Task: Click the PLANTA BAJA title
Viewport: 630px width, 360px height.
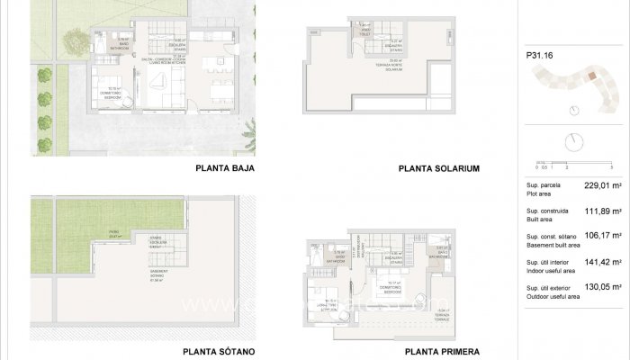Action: pyautogui.click(x=225, y=168)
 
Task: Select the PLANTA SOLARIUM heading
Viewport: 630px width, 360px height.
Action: pyautogui.click(x=438, y=168)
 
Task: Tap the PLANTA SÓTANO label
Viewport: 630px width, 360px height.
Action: pyautogui.click(x=219, y=351)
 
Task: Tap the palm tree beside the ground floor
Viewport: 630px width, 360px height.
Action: pyautogui.click(x=251, y=137)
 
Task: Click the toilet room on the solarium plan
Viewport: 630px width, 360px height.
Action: pyautogui.click(x=366, y=29)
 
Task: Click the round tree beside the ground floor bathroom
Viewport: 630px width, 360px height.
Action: pyautogui.click(x=76, y=40)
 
